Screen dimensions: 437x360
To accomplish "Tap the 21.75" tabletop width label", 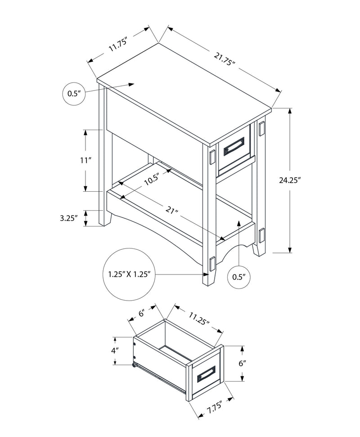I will tap(225, 59).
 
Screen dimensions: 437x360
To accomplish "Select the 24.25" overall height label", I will tap(302, 180).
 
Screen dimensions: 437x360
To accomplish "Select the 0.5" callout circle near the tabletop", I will tap(73, 94).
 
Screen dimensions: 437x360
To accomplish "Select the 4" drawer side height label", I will tap(115, 351).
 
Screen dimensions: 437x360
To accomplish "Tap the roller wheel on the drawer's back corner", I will tap(134, 365).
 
